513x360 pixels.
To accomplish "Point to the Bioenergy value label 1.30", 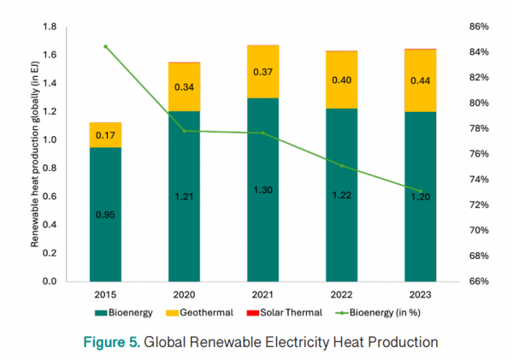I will pos(262,190).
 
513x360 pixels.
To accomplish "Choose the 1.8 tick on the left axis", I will pos(50,27).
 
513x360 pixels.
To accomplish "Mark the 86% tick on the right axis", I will pos(477,27).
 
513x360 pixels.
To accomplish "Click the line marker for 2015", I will pos(106,46).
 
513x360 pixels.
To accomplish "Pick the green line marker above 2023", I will pos(419,191).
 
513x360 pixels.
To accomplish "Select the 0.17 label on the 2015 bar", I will pos(106,135).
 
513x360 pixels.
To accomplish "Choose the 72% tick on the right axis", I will pos(477,205).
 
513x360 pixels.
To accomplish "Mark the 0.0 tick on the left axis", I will pos(50,281).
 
